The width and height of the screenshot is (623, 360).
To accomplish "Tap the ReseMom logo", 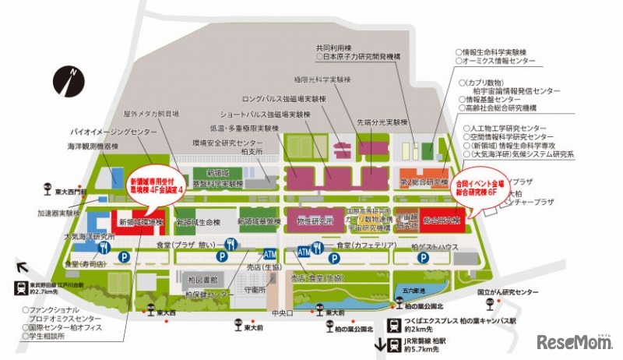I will (x=575, y=343).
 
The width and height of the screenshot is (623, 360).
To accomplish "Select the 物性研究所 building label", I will (x=315, y=221).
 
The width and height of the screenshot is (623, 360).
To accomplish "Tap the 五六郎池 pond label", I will (x=406, y=289).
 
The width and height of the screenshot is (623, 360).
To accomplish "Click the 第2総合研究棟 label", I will (x=424, y=181).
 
